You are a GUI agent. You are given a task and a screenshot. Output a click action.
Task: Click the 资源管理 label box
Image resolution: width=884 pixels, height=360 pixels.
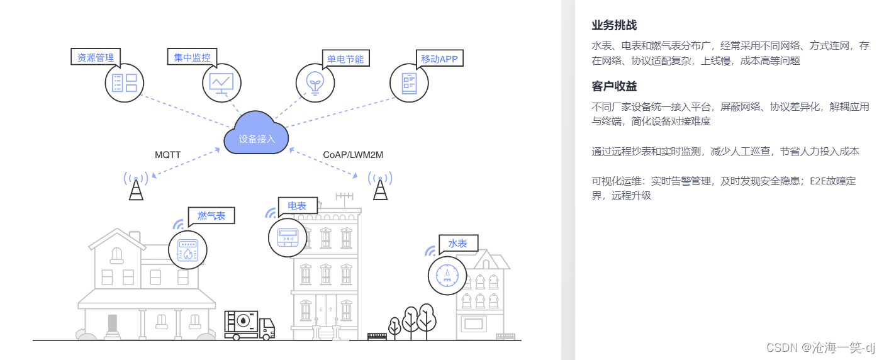[x=96, y=57]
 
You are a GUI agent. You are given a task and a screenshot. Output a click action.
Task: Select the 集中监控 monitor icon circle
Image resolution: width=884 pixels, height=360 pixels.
[x=222, y=82]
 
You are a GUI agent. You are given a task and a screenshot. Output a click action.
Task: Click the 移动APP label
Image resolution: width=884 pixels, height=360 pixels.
[x=439, y=59]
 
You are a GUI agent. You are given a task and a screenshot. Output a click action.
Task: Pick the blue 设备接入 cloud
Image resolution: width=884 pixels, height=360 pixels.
[x=256, y=133]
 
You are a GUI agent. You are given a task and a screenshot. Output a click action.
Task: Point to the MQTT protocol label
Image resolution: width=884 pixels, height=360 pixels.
[x=168, y=154]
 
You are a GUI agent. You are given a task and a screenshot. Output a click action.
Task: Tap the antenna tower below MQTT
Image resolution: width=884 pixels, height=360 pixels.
[x=136, y=186]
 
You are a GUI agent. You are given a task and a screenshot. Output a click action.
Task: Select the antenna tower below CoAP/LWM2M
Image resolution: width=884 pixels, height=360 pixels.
[x=380, y=186]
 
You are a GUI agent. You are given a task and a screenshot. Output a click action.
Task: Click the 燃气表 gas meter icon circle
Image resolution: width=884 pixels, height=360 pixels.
[x=187, y=250]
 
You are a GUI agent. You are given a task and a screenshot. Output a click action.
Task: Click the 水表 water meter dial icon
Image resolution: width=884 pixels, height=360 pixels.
[x=447, y=276]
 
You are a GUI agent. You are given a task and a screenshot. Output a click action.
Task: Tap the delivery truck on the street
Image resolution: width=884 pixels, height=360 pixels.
[x=249, y=325]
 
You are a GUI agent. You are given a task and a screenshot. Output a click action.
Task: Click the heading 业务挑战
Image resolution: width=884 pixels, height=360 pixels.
[x=614, y=25]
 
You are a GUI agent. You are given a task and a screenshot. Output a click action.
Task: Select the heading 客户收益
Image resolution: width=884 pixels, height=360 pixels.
[x=614, y=86]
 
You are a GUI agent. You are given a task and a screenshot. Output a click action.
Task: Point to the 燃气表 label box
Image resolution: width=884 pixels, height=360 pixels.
[x=211, y=216]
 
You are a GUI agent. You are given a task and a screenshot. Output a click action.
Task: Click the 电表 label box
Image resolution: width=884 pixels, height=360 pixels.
[x=298, y=205]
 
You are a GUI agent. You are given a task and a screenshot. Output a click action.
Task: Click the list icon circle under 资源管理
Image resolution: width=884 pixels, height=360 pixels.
[x=125, y=82]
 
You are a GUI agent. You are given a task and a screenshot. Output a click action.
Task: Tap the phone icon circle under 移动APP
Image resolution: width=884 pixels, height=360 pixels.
[x=410, y=82]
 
